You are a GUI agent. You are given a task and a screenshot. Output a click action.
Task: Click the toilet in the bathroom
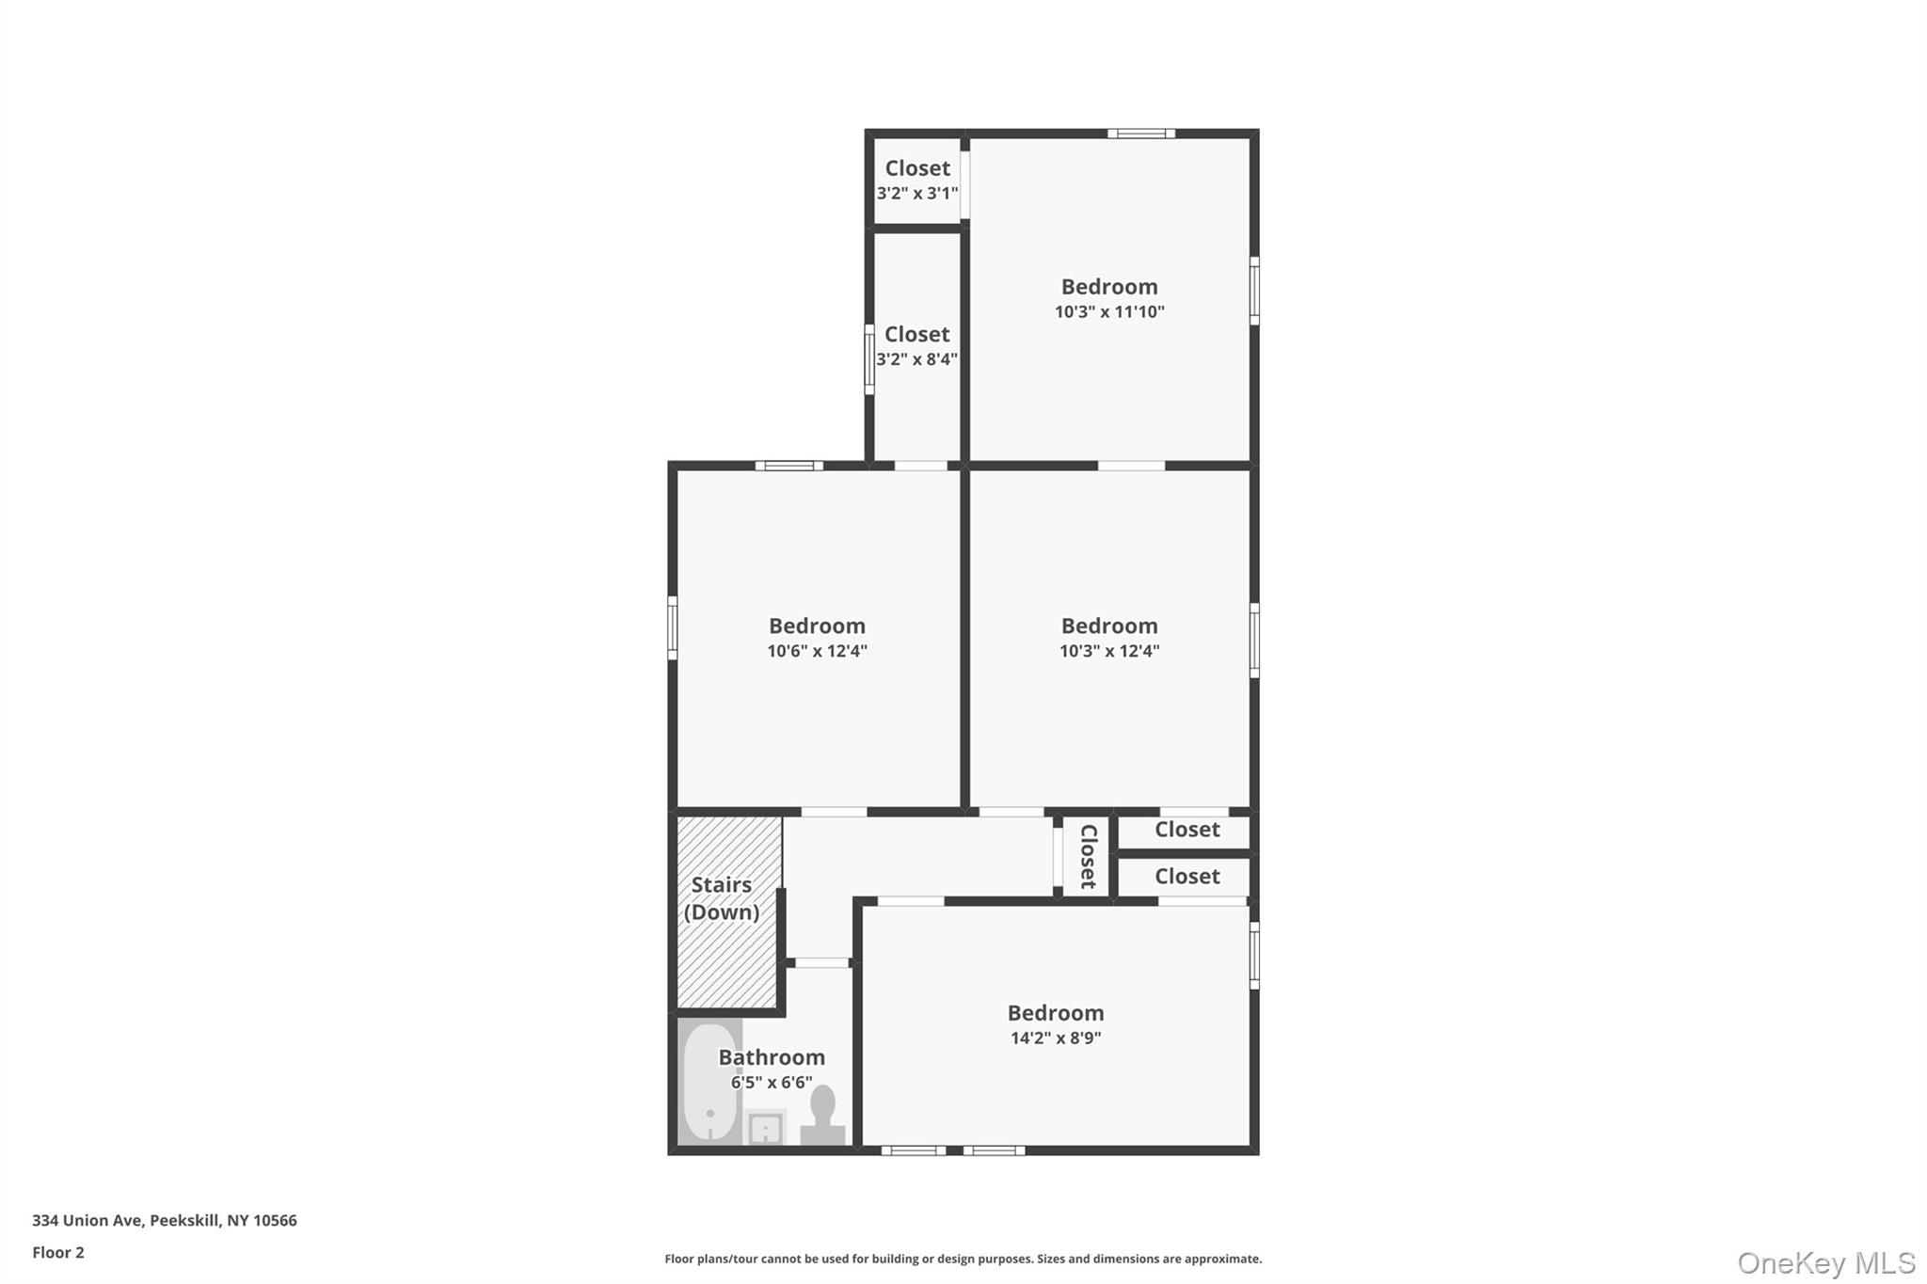point(822,1116)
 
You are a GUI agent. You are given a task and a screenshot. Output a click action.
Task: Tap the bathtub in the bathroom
point(710,1082)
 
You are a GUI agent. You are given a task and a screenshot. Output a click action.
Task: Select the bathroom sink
point(765,1127)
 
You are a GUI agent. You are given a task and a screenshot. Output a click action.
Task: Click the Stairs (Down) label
point(722,898)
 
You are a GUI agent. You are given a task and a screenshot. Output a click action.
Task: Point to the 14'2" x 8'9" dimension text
point(1056,1038)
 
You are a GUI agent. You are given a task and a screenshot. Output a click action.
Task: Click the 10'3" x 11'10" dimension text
point(1109,312)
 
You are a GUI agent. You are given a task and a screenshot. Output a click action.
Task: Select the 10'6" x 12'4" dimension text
point(817,651)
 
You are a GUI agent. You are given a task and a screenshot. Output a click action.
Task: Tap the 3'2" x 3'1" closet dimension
point(917,194)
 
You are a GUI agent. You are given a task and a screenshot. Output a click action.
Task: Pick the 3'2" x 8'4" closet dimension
point(916,359)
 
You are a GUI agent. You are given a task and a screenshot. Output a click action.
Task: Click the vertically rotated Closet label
point(1088,856)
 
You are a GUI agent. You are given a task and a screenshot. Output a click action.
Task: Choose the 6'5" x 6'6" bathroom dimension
point(772,1083)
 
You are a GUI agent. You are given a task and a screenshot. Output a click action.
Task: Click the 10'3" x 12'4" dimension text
point(1109,651)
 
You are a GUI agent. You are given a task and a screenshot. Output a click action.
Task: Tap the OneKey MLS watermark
point(1825,1262)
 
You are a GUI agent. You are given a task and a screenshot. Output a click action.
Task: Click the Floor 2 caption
point(58,1253)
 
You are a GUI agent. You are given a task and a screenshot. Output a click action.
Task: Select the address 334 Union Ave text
point(165,1221)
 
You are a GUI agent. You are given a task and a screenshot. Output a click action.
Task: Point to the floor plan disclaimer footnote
point(963,1259)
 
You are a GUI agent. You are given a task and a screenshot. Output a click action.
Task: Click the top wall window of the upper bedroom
point(1140,134)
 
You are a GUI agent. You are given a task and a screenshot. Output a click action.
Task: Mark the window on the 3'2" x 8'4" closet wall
point(869,358)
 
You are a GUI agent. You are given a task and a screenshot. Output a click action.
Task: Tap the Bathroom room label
point(772,1057)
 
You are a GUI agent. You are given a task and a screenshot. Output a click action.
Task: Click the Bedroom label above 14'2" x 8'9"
point(1056,1013)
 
